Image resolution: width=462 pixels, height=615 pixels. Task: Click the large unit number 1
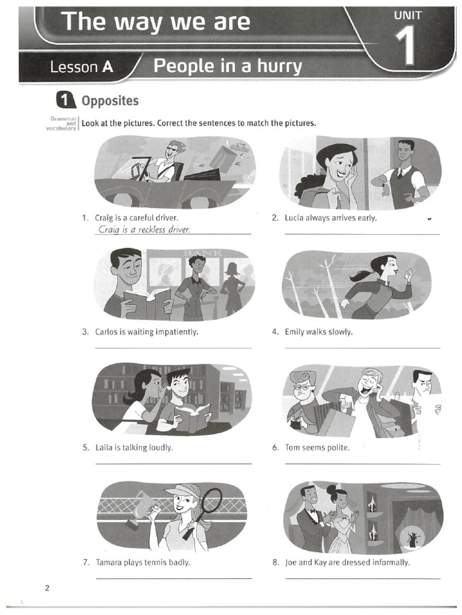[405, 46]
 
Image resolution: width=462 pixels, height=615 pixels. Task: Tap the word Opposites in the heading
[110, 101]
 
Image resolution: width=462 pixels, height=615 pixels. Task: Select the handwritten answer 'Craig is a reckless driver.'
[144, 229]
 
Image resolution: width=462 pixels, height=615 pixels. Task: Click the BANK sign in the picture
[203, 253]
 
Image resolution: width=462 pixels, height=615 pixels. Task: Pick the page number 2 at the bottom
[48, 589]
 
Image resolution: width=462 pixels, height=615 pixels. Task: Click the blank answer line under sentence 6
[362, 464]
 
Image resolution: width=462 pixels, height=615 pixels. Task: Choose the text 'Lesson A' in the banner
[82, 67]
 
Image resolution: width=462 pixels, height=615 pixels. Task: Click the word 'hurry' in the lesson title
[279, 66]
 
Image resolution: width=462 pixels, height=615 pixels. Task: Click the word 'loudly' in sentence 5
[161, 447]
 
